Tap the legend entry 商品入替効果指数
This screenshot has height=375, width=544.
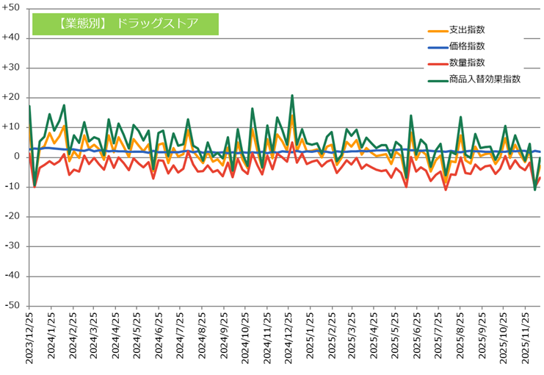(485, 79)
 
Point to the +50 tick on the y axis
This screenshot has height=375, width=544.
(12, 8)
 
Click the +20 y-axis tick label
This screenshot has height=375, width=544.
(12, 97)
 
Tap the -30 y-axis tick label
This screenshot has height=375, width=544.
(13, 246)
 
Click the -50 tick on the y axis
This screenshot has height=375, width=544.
(13, 306)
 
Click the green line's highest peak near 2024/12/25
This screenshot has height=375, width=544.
(292, 96)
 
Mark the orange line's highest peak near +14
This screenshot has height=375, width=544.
(292, 115)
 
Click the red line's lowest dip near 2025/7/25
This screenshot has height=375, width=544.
(446, 190)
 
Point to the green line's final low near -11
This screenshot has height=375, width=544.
(535, 189)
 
